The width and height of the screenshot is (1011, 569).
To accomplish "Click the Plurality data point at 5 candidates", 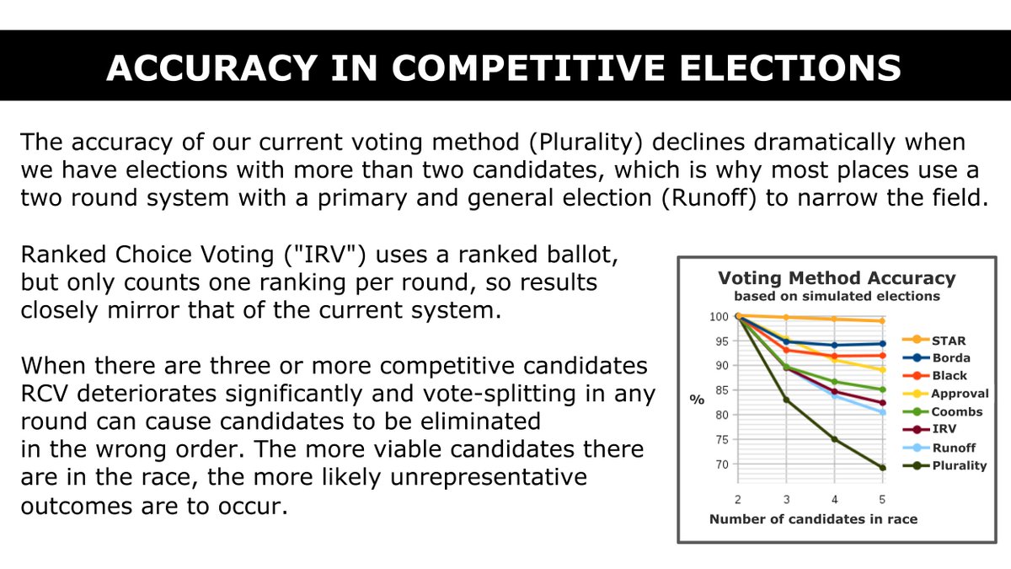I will pyautogui.click(x=882, y=468).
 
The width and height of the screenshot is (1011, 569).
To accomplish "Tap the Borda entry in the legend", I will pyautogui.click(x=950, y=358).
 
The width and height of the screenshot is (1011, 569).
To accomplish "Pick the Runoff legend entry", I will pyautogui.click(x=953, y=448).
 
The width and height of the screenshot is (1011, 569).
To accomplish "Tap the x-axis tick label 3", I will pyautogui.click(x=786, y=499).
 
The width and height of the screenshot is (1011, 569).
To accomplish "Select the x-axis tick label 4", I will pyautogui.click(x=834, y=499).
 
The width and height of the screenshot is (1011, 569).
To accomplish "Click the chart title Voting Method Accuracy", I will pyautogui.click(x=836, y=278).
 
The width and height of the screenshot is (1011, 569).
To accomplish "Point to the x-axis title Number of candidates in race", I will pyautogui.click(x=813, y=519).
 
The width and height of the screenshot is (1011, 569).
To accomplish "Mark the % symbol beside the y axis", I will pyautogui.click(x=697, y=400).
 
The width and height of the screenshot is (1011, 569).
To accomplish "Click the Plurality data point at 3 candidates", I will pyautogui.click(x=786, y=399).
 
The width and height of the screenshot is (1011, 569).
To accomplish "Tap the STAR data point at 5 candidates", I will pyautogui.click(x=882, y=320).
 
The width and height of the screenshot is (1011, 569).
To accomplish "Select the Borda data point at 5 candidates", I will pyautogui.click(x=882, y=343).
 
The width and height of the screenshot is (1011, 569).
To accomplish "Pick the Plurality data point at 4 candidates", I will pyautogui.click(x=834, y=438).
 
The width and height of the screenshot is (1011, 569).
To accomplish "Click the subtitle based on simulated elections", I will pyautogui.click(x=836, y=296).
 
